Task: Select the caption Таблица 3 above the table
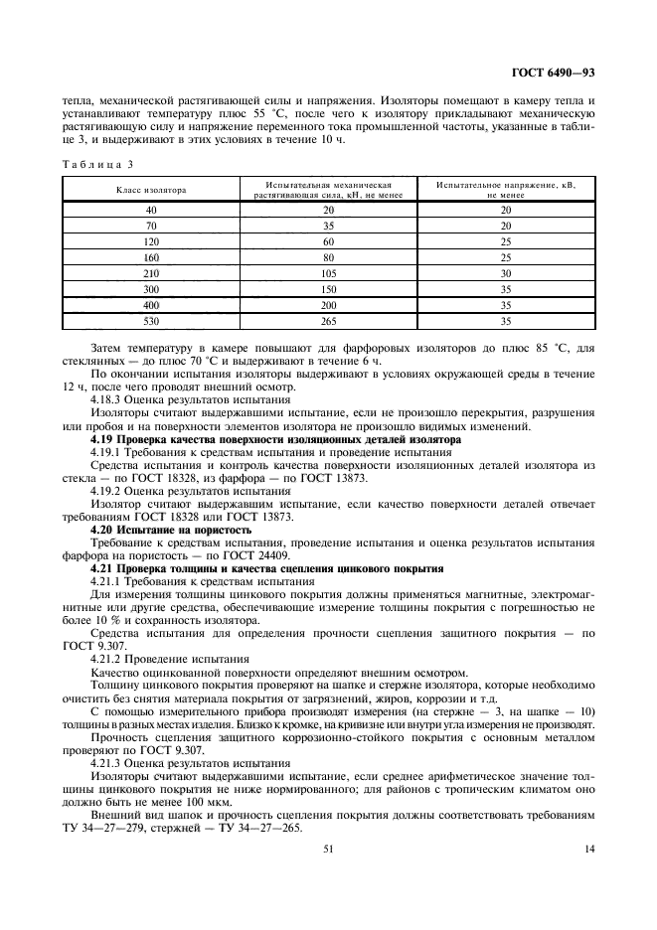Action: coord(97,163)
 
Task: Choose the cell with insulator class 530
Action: coord(151,321)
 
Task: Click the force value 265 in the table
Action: coord(329,321)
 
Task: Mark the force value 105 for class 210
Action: coord(329,273)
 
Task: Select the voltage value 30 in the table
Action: coord(505,273)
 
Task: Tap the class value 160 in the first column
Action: coord(151,257)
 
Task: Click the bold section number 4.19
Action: coord(102,438)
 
